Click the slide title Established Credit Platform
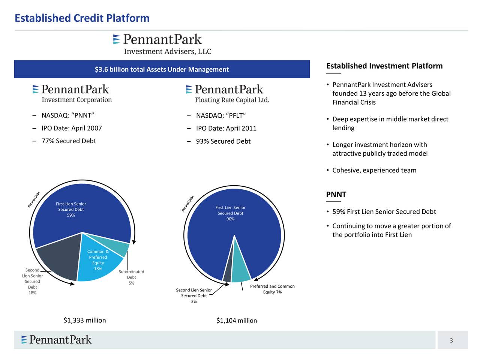82,18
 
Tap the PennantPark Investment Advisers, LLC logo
162,44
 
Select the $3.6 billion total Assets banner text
162,69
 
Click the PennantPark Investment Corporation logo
72,93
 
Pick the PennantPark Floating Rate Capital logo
228,94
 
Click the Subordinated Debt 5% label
131,277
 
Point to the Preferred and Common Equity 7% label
272,289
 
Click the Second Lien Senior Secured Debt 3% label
194,295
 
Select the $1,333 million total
85,320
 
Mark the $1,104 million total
237,321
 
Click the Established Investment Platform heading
384,66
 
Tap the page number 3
451,340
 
